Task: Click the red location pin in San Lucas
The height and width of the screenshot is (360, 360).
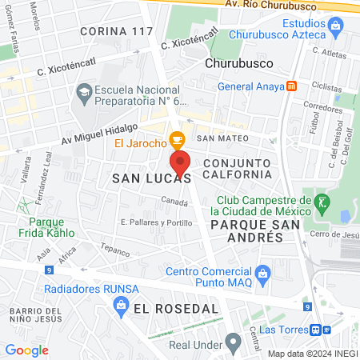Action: tap(180, 163)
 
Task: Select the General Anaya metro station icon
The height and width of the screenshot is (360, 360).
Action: tap(292, 86)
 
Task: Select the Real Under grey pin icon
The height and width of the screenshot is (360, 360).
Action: tap(233, 344)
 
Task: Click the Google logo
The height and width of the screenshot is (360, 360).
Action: tap(26, 350)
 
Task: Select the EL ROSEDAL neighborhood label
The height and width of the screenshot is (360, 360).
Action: tap(176, 308)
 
